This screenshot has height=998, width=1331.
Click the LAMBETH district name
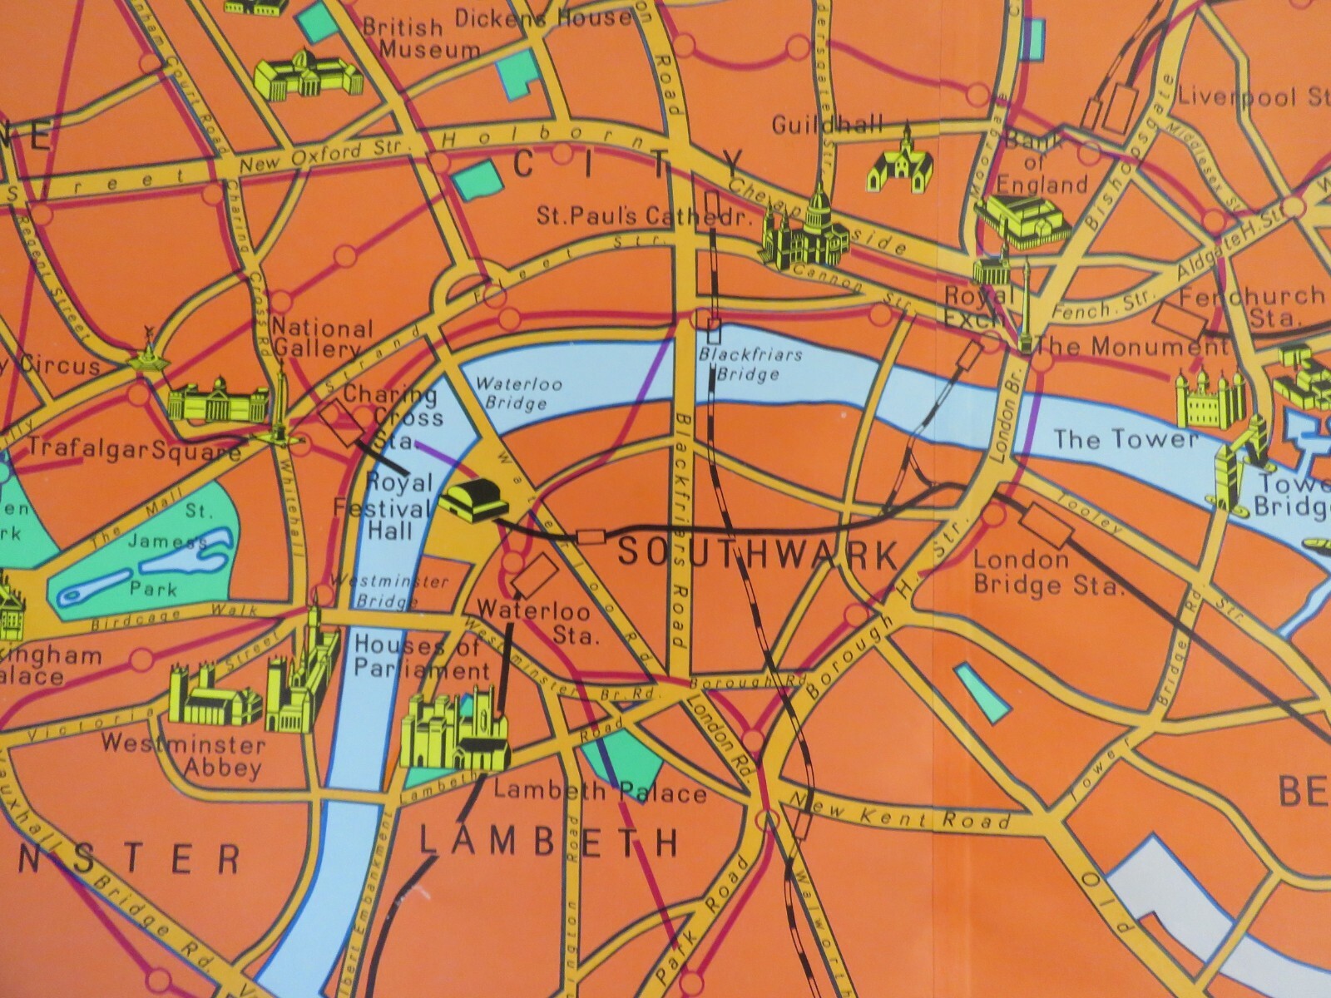(549, 842)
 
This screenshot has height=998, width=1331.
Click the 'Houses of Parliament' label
(421, 657)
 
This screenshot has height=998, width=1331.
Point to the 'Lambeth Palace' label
(600, 791)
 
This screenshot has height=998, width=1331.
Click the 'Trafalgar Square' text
(133, 450)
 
